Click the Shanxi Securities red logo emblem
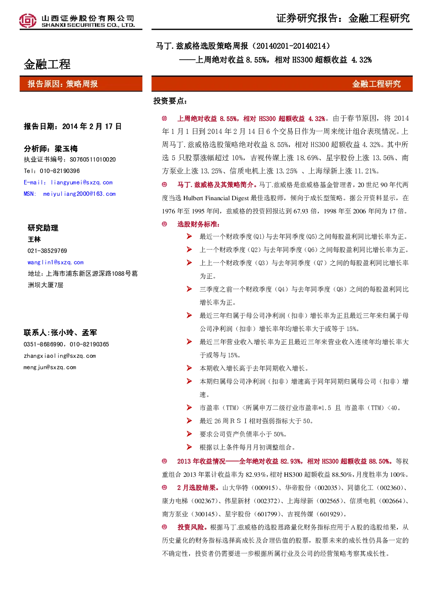tap(28, 21)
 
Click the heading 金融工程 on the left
tap(47, 65)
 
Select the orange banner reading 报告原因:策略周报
tap(81, 83)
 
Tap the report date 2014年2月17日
tap(92, 126)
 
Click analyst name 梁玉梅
tap(66, 149)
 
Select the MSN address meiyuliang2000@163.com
tap(79, 194)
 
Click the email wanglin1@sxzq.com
tap(56, 263)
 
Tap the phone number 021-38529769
tap(47, 251)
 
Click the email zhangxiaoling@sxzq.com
tap(60, 356)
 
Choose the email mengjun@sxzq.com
tap(50, 367)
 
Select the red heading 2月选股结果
tap(196, 488)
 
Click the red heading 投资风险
tap(191, 527)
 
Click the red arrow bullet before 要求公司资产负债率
tap(189, 434)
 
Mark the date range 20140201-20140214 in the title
tap(293, 46)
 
